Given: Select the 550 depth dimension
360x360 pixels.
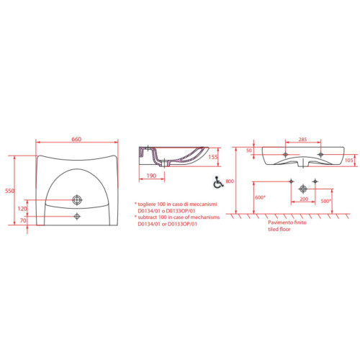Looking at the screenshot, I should [x=10, y=192].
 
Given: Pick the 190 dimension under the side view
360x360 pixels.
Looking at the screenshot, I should [x=151, y=175].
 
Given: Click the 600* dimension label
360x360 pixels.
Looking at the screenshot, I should [x=260, y=197].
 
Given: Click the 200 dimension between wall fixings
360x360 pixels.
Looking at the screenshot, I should [x=303, y=198].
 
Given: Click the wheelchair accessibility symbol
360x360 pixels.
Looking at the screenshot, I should [x=215, y=184].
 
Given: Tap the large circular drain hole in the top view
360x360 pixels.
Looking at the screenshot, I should [x=77, y=199].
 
